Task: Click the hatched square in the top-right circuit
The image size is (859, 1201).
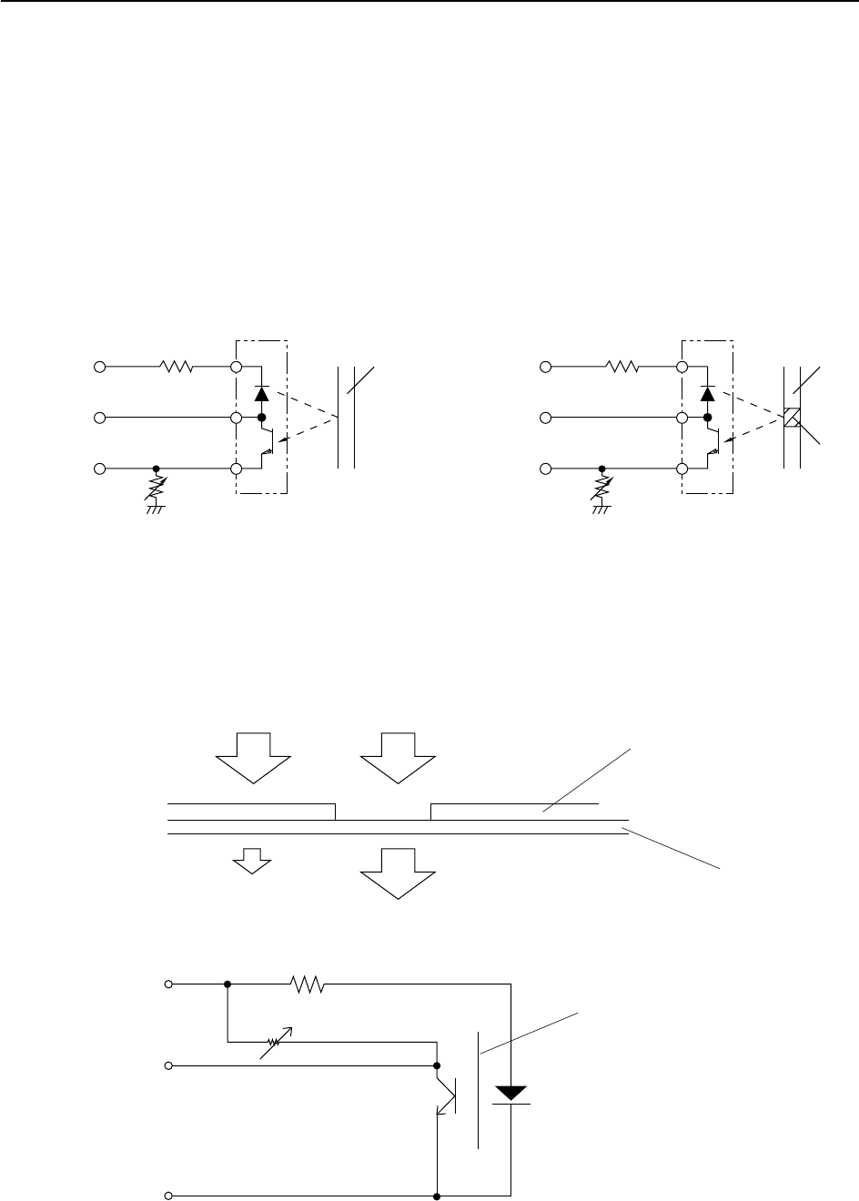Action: point(792,418)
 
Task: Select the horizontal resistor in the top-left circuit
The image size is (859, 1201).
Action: point(176,367)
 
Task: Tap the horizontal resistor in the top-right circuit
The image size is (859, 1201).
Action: point(622,367)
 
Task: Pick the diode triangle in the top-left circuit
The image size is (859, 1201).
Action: point(262,394)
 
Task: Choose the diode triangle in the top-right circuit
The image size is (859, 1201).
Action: point(707,394)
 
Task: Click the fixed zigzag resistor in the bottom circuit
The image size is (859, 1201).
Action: point(307,984)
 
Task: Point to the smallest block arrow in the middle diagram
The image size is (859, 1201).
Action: point(255,860)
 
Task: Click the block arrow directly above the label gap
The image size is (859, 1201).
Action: point(399,757)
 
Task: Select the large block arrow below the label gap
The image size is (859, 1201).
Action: point(399,872)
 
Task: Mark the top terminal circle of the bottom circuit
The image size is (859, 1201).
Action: point(168,984)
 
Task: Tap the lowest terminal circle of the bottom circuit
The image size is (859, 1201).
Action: point(168,1194)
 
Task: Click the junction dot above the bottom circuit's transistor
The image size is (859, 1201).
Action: point(438,1065)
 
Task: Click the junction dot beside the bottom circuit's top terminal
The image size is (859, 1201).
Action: point(227,984)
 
